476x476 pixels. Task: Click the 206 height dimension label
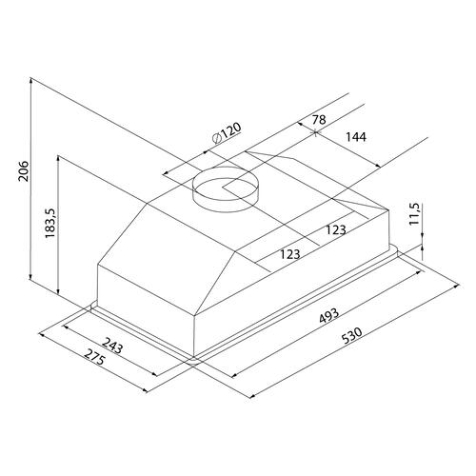[23, 171]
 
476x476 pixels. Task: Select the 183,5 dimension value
[50, 223]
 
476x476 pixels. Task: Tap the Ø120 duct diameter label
[227, 133]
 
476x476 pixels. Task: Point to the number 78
[319, 120]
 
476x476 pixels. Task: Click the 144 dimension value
[356, 137]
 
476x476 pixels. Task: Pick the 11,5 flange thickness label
[414, 214]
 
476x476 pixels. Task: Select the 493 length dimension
[329, 316]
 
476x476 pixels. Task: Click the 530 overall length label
[352, 336]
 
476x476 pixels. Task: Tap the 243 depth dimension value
[111, 346]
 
